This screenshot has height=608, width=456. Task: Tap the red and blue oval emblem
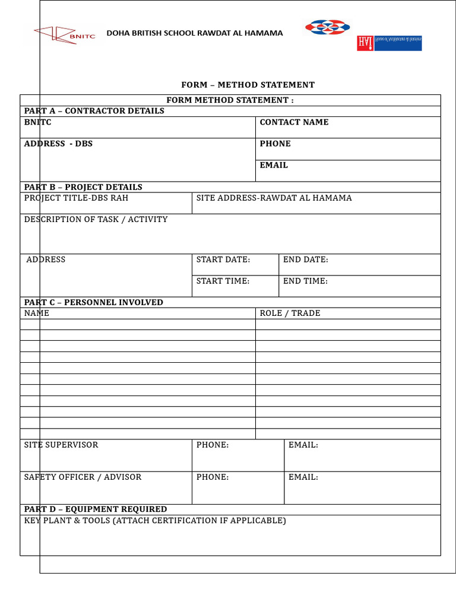(x=327, y=27)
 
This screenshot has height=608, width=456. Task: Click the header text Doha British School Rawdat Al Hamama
(x=194, y=33)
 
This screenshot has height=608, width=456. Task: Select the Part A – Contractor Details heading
(x=94, y=111)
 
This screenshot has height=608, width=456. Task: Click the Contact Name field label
(x=294, y=122)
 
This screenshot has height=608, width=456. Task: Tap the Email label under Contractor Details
(x=274, y=166)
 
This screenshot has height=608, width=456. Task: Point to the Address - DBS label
(x=58, y=144)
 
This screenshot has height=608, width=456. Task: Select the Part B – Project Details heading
(x=83, y=187)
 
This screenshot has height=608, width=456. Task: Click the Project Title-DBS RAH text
(x=76, y=198)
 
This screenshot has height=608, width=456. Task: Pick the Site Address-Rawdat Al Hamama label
(x=274, y=198)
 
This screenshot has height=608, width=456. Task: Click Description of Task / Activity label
(x=96, y=220)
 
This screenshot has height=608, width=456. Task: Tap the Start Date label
(x=223, y=259)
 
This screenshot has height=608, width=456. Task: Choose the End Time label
(x=305, y=281)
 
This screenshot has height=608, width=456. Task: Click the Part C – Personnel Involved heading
(x=93, y=302)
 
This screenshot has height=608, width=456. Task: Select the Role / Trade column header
(x=290, y=313)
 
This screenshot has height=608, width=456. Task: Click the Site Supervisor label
(x=61, y=445)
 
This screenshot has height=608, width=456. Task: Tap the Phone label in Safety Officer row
(x=213, y=477)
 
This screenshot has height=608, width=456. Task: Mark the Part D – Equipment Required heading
(x=96, y=509)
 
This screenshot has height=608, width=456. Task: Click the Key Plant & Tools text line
(x=155, y=521)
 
